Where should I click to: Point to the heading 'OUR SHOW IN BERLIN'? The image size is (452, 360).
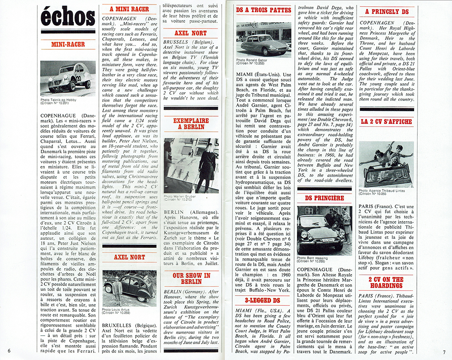(x=190, y=279)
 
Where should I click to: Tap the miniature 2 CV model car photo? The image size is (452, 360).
(x=68, y=78)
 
